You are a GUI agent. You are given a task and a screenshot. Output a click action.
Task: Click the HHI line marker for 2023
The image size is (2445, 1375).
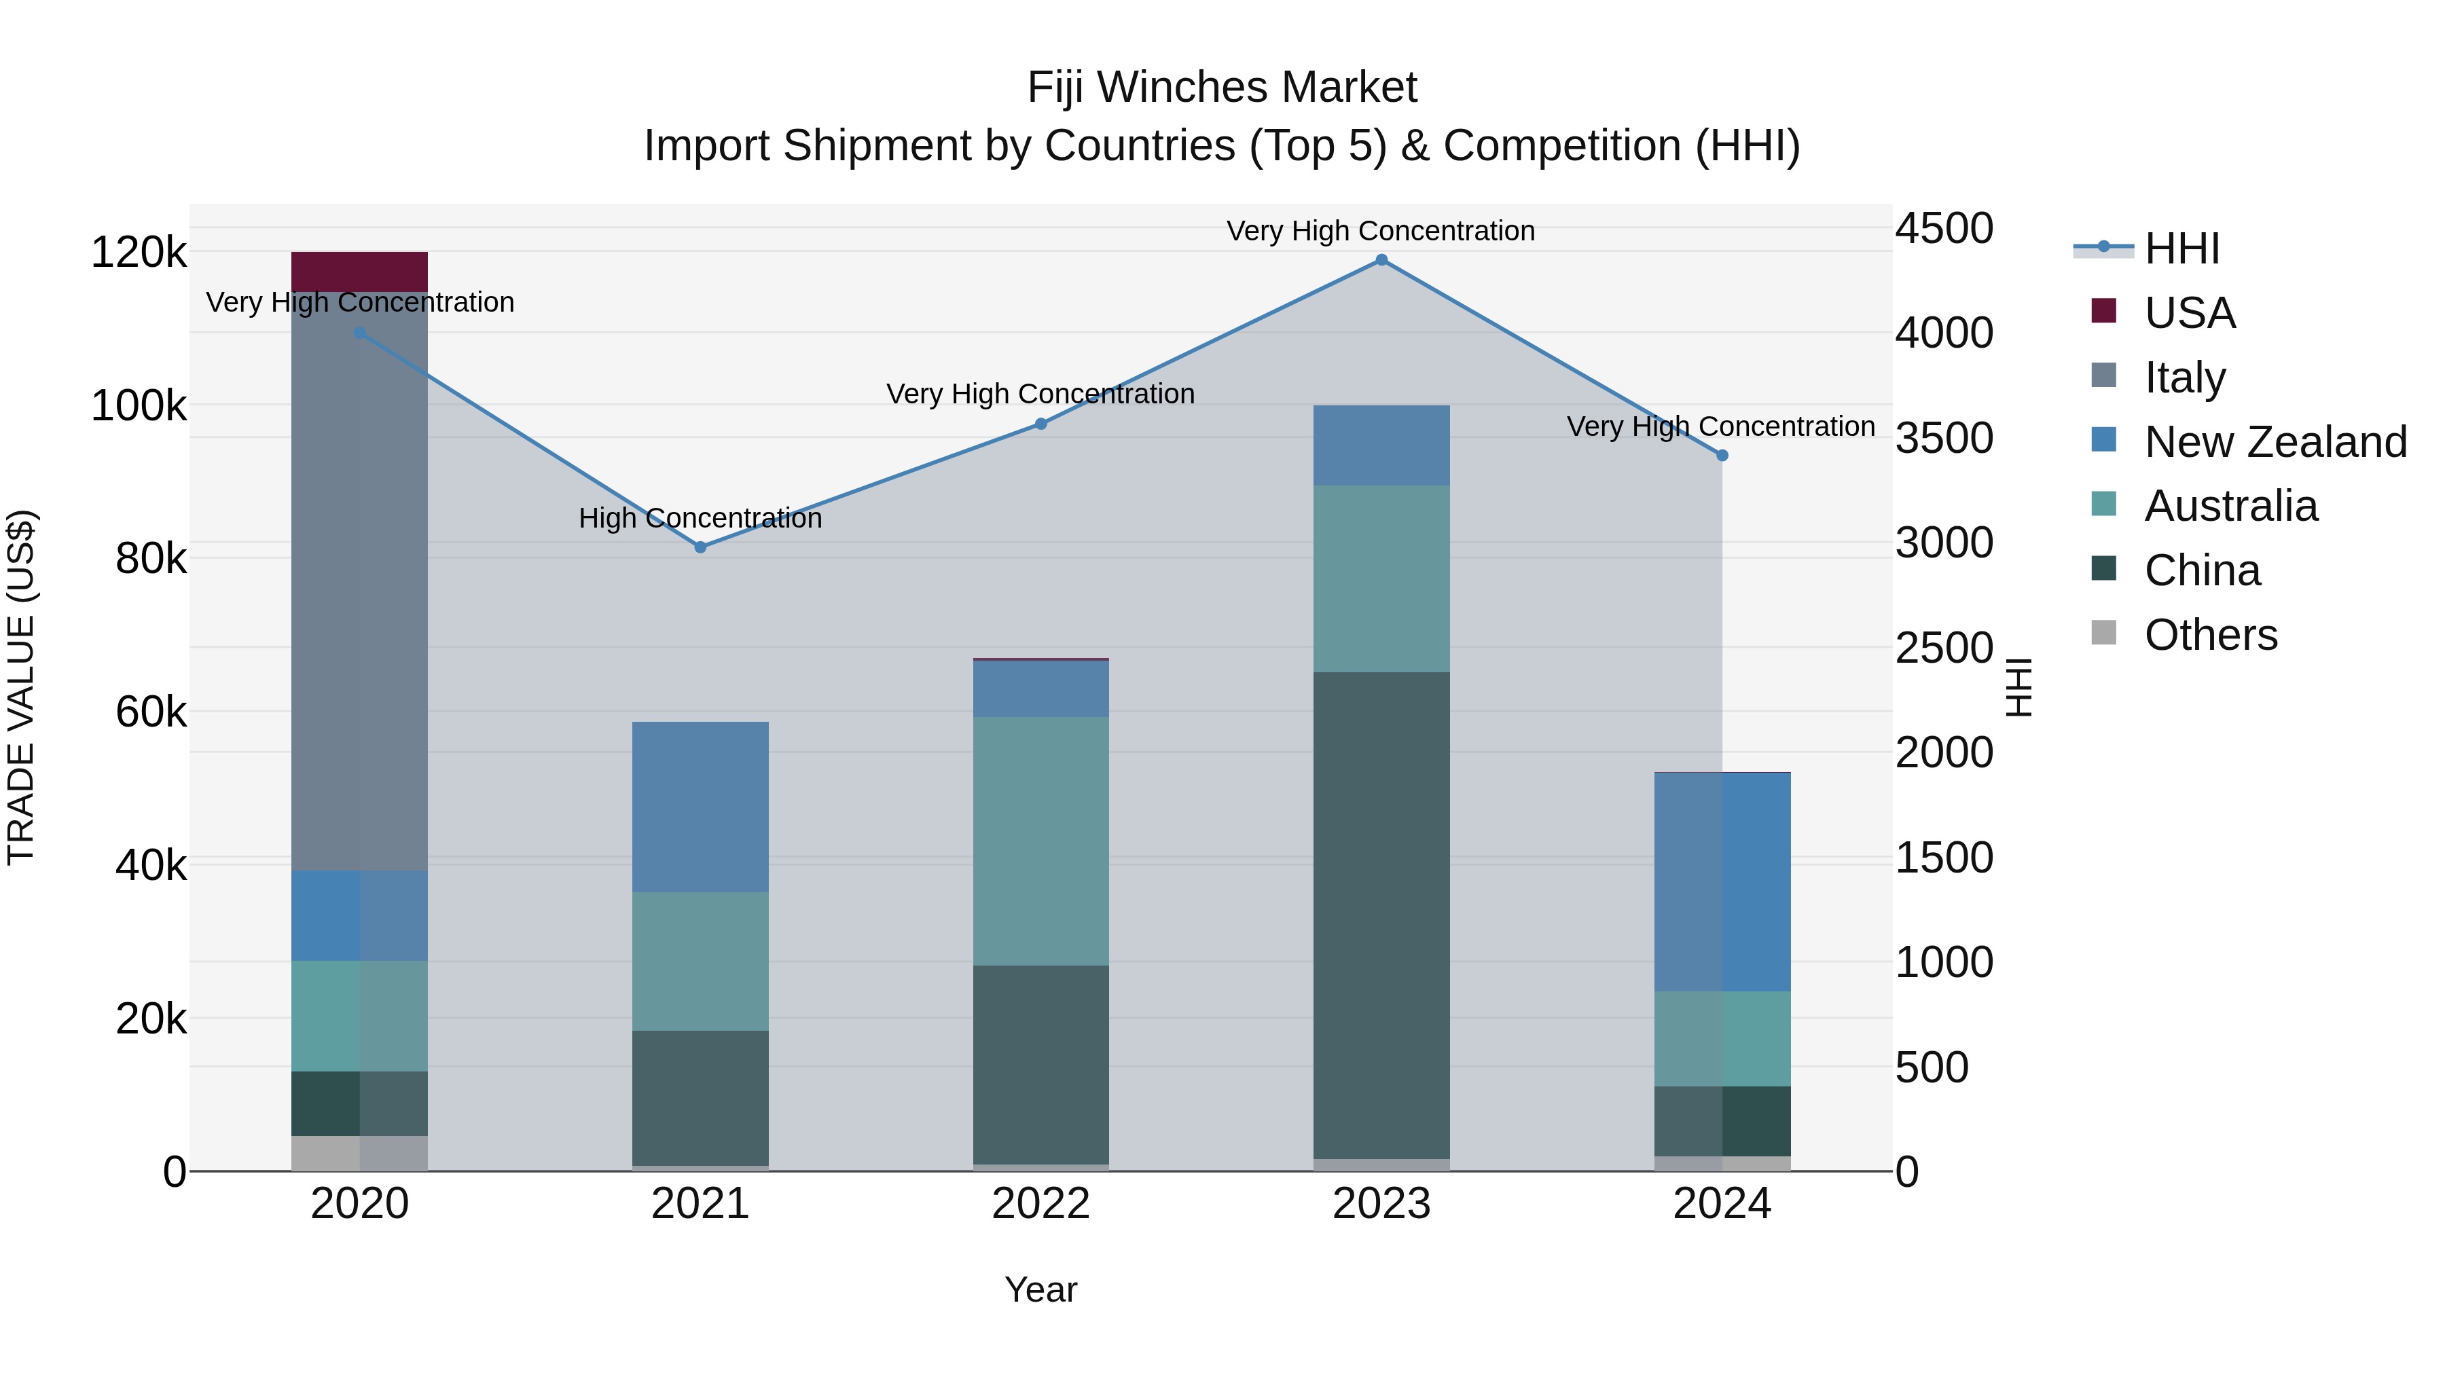pos(1381,260)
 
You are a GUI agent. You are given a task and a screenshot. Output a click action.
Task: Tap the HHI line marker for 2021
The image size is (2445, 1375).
pos(700,547)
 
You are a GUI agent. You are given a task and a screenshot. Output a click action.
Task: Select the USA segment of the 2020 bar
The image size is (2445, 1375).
pos(360,272)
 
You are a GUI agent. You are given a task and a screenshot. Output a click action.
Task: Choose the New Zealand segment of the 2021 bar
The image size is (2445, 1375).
pos(700,807)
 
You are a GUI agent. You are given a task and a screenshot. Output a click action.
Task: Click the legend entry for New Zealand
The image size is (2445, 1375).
pos(2275,442)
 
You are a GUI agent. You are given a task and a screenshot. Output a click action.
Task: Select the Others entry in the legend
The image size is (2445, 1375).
pos(2211,635)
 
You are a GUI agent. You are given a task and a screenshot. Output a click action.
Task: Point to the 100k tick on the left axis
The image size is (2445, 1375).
pos(139,406)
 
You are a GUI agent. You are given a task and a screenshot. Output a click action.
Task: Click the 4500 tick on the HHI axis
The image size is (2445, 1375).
pos(1944,229)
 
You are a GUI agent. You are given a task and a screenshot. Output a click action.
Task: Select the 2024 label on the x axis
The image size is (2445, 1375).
pos(1722,1204)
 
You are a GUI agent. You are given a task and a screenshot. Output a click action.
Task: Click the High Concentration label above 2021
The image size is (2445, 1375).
pos(700,518)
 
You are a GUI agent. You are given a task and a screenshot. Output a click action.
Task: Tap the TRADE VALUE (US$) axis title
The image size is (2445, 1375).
pos(22,687)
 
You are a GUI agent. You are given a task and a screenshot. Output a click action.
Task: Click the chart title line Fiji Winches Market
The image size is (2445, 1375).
pos(1222,88)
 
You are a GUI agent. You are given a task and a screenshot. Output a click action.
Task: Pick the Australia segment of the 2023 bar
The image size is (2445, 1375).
pos(1381,579)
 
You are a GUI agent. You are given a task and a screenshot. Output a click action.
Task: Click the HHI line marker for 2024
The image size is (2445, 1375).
pos(1722,456)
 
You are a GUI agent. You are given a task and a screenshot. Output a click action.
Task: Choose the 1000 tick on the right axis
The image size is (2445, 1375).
pos(1944,962)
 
